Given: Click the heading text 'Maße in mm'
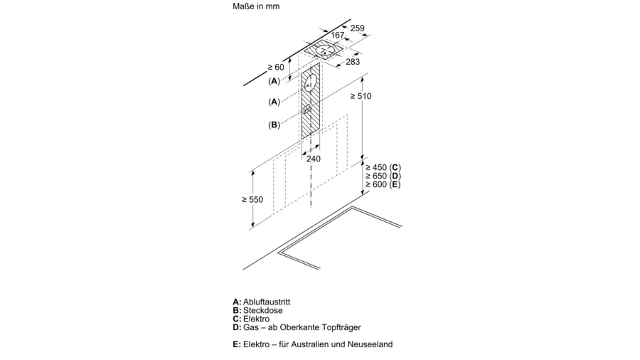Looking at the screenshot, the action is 256,6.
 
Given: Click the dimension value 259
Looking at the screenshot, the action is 357,28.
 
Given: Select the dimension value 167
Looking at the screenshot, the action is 338,35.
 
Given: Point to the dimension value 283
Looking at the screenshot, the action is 353,62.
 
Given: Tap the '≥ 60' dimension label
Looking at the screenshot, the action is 276,68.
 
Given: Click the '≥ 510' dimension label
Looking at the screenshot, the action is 361,96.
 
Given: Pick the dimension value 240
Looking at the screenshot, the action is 314,159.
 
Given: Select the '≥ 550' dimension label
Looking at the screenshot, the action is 252,200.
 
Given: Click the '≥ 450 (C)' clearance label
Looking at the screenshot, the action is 383,167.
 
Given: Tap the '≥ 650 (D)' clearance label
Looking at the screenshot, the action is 383,176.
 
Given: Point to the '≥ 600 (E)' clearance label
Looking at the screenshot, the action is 383,184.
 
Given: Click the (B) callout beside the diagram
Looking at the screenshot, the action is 274,125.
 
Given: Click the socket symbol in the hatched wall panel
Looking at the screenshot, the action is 307,110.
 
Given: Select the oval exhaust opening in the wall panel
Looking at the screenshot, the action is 310,84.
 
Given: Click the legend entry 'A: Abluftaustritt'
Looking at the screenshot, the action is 262,302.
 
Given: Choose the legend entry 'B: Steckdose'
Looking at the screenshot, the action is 257,311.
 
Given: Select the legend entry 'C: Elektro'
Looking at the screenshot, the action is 251,319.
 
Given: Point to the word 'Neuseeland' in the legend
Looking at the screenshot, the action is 370,344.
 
